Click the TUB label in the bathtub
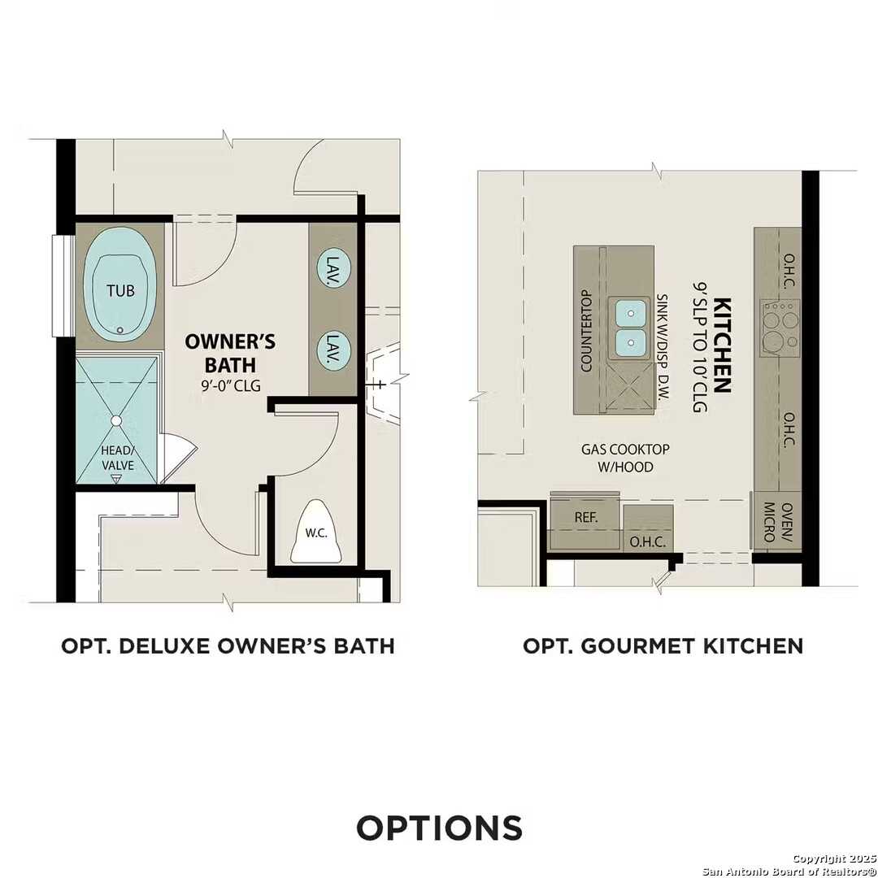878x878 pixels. (x=120, y=290)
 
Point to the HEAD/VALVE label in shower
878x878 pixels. (x=117, y=458)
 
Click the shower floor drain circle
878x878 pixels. (x=116, y=420)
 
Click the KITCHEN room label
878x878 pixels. (x=722, y=346)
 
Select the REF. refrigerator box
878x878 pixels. (x=585, y=516)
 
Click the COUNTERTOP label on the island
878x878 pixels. (x=585, y=331)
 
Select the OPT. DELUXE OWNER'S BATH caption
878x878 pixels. (x=228, y=645)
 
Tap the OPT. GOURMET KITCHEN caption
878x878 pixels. (x=663, y=645)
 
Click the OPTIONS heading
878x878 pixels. (x=439, y=828)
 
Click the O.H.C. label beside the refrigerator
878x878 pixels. (x=648, y=541)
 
